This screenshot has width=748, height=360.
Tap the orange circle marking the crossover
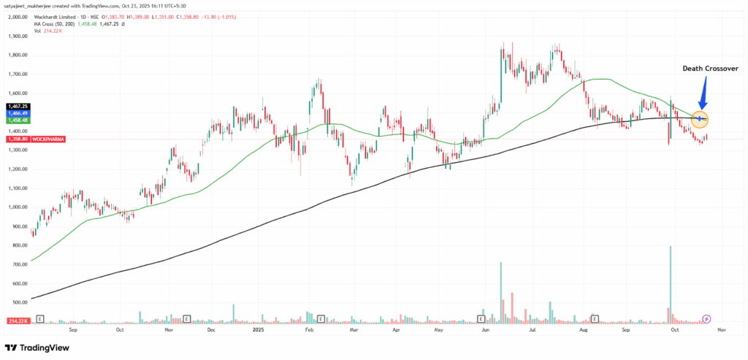point(701,118)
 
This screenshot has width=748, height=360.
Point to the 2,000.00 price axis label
point(18,16)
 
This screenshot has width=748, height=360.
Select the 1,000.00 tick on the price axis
point(18,207)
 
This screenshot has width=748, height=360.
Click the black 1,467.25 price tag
point(17,106)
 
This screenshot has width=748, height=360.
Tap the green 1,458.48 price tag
point(17,119)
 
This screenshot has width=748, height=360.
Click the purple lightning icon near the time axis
point(706,319)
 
